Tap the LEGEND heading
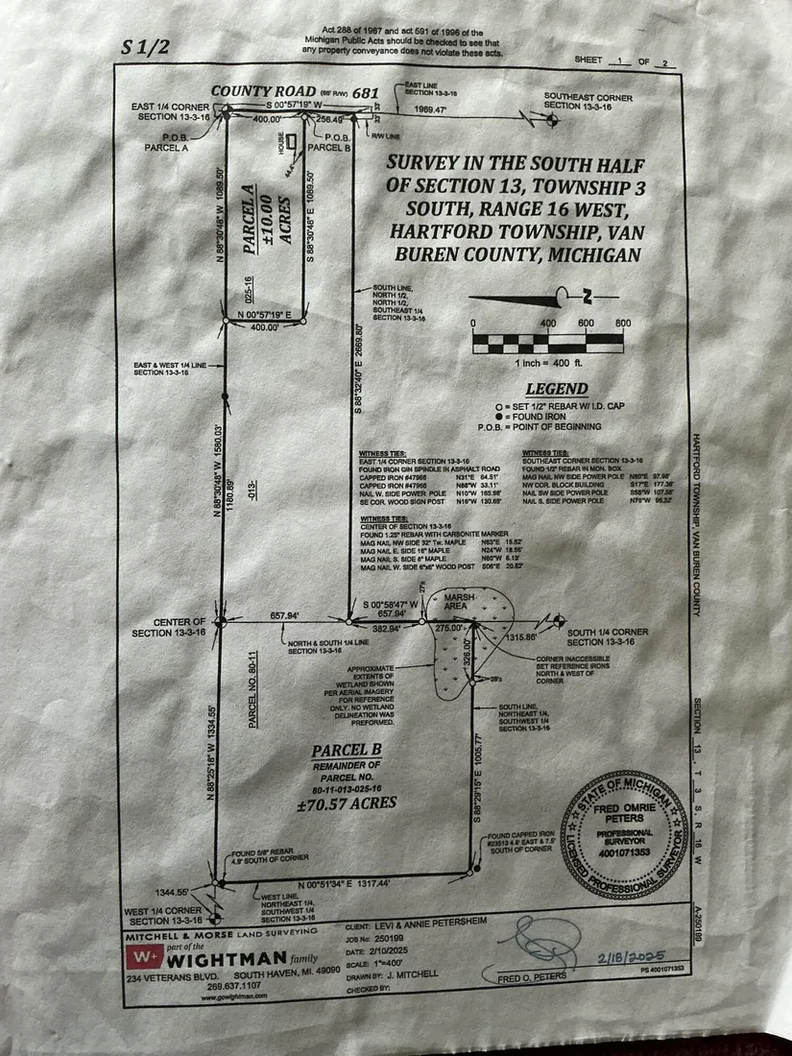click(x=556, y=389)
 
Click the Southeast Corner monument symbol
click(x=552, y=121)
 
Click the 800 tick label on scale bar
click(x=621, y=323)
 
